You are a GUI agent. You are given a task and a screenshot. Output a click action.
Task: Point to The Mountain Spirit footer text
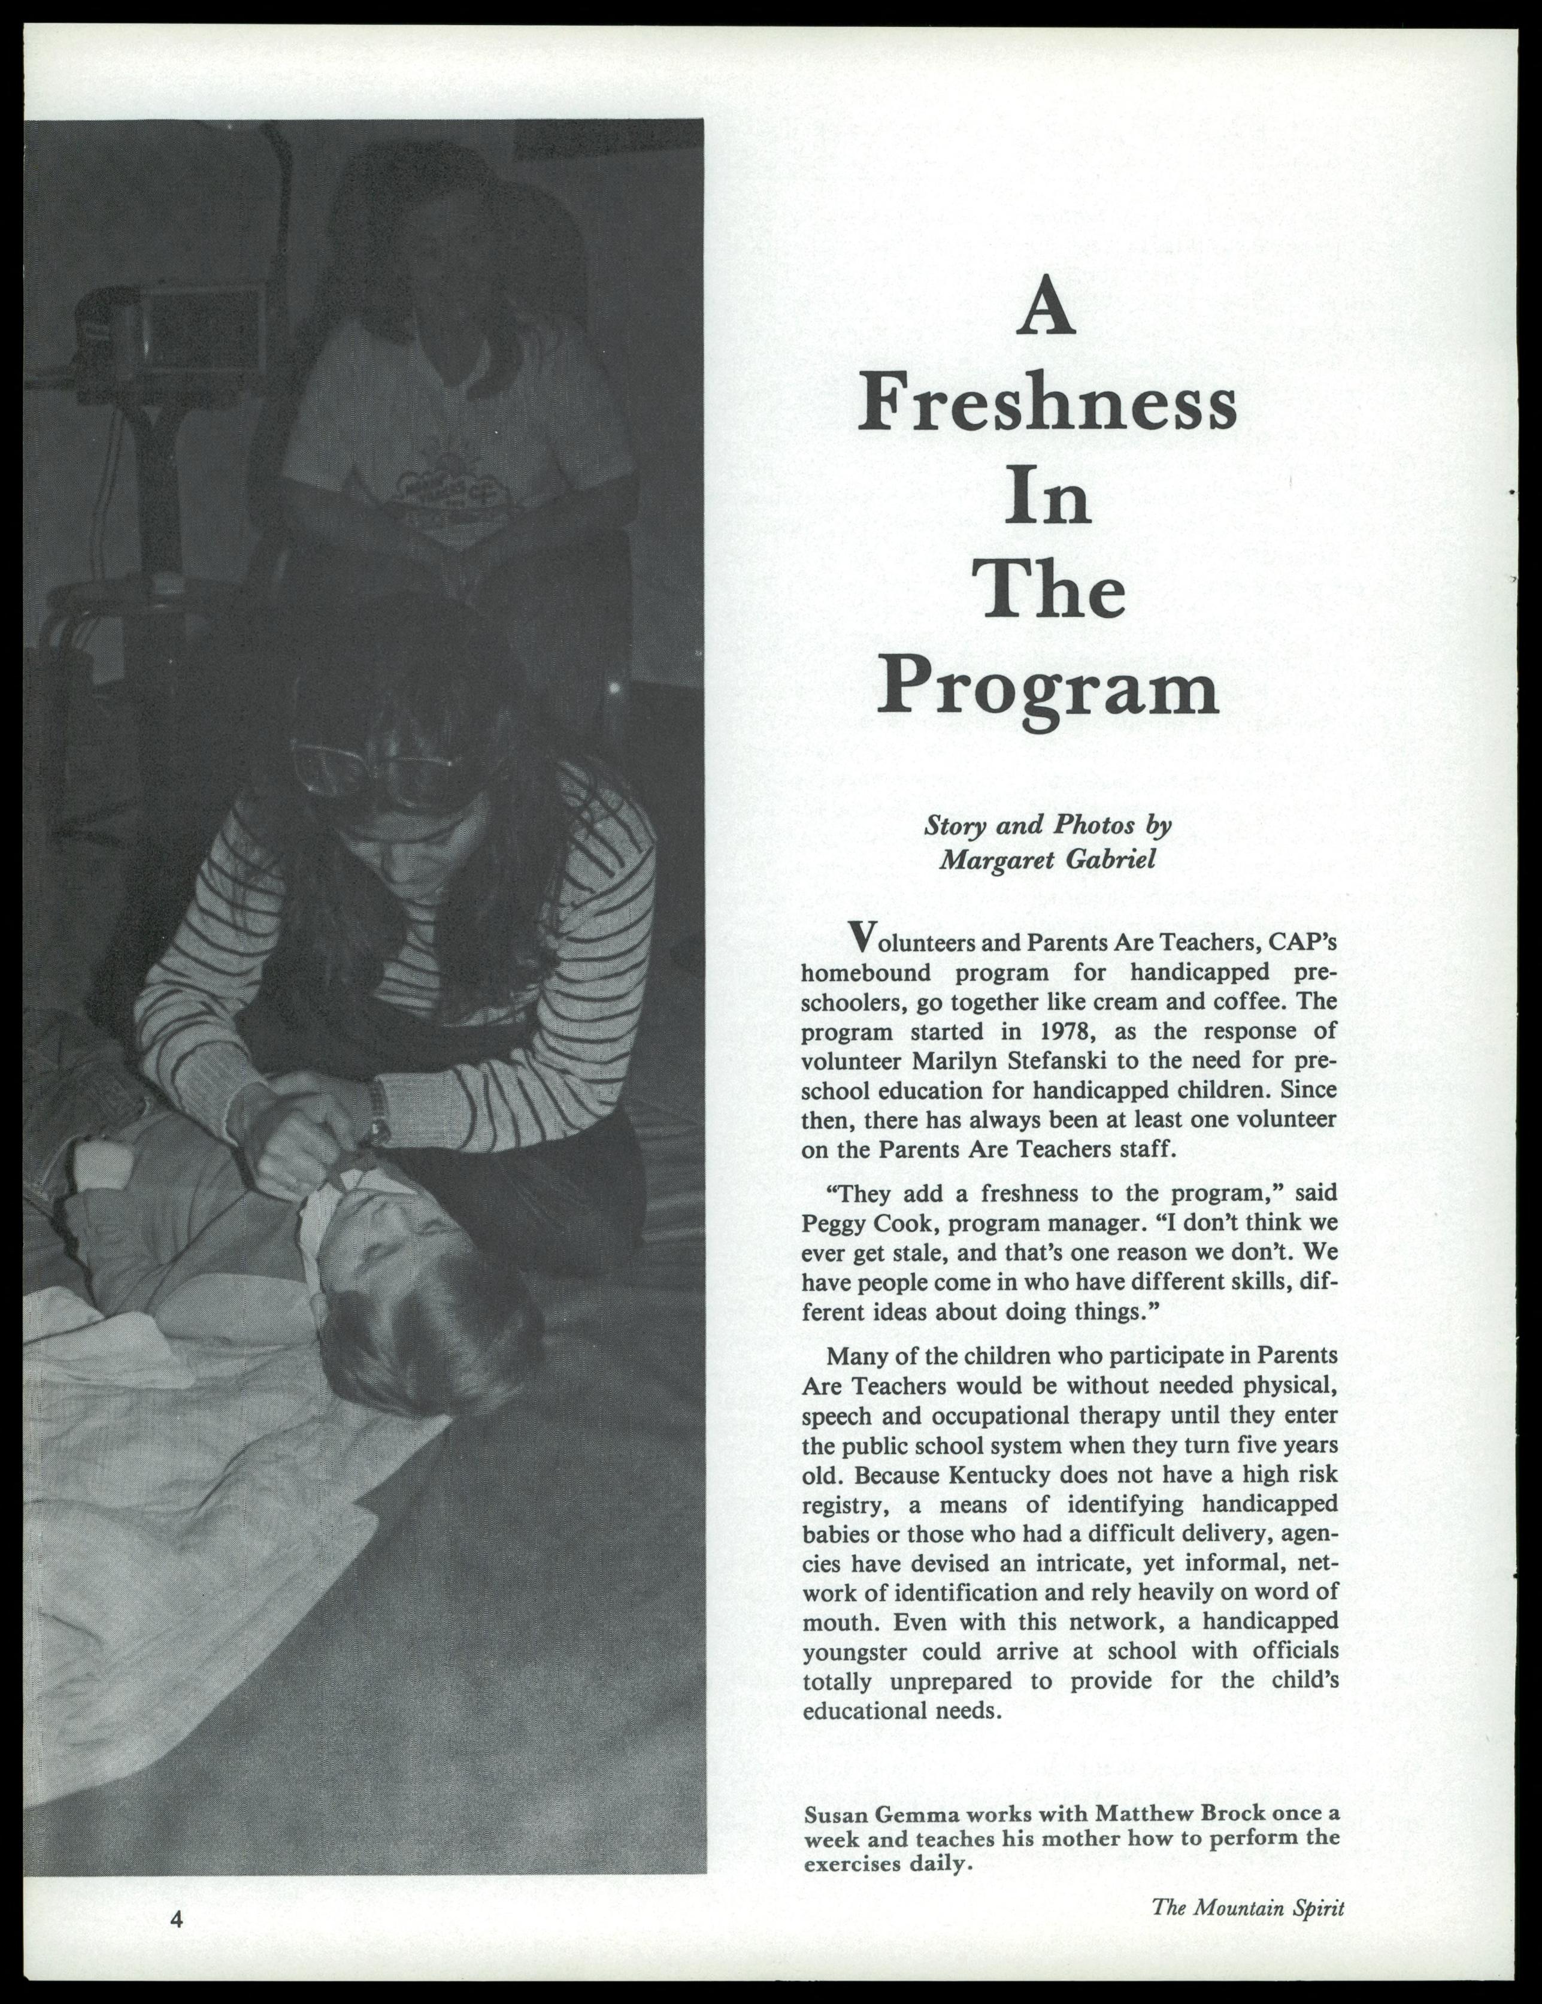coord(1247,1907)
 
